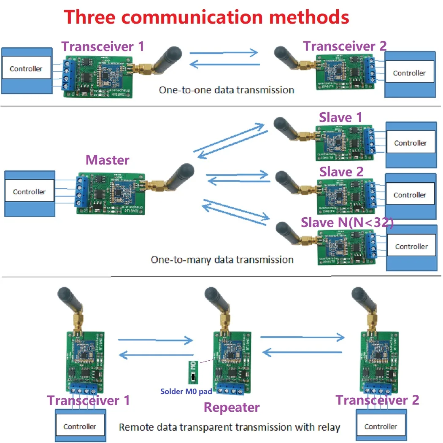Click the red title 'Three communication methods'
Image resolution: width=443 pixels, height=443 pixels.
206,17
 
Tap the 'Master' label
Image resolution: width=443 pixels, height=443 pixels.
107,160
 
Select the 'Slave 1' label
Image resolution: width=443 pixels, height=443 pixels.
340,117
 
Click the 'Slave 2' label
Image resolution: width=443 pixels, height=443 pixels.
341,172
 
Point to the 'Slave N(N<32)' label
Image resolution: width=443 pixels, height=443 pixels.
347,223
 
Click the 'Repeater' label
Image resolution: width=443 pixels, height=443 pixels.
232,407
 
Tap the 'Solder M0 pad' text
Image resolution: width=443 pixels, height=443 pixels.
186,392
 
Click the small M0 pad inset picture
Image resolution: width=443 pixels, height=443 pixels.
192,371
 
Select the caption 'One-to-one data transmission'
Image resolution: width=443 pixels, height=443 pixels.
226,90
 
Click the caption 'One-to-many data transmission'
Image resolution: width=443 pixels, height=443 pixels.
222,259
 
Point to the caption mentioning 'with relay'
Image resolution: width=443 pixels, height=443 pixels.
229,427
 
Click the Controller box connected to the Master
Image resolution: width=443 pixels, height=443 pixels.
29,192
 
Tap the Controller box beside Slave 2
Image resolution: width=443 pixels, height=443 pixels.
410,195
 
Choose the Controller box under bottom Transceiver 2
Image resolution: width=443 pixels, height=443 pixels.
381,427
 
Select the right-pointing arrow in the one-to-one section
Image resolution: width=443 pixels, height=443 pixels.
224,53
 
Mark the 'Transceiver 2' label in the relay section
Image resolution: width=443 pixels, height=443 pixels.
377,400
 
